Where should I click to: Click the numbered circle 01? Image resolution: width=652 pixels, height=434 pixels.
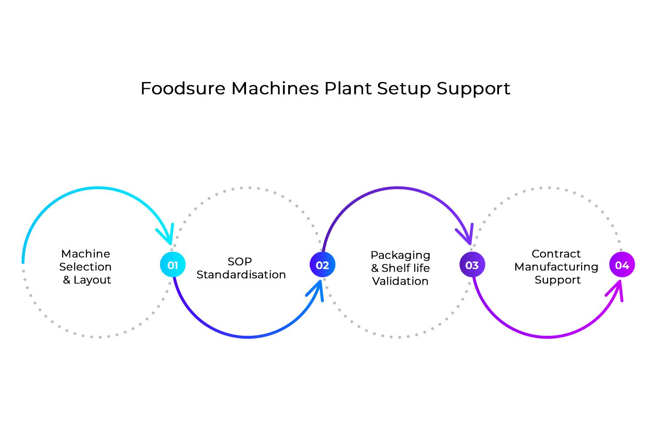(x=173, y=265)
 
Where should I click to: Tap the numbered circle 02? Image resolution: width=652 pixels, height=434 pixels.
(x=322, y=265)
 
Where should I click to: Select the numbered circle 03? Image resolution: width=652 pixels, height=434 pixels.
(x=472, y=265)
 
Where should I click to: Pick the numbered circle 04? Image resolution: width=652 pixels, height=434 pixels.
(x=622, y=265)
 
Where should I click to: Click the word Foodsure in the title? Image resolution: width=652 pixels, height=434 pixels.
(x=183, y=89)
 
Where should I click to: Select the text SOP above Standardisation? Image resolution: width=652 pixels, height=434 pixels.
(x=240, y=262)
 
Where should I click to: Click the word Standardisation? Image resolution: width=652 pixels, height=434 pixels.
(x=241, y=275)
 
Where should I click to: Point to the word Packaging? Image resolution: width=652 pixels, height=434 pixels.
(x=400, y=256)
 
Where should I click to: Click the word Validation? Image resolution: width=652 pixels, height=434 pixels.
(x=400, y=281)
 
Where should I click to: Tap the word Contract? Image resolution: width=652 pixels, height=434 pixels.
(x=556, y=254)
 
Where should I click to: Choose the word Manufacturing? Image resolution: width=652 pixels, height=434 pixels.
(x=556, y=267)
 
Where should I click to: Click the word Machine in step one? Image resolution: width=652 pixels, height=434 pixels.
(x=86, y=254)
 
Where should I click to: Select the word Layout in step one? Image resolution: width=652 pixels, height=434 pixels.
(x=92, y=280)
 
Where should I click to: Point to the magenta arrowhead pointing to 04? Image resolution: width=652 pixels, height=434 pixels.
(x=616, y=290)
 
